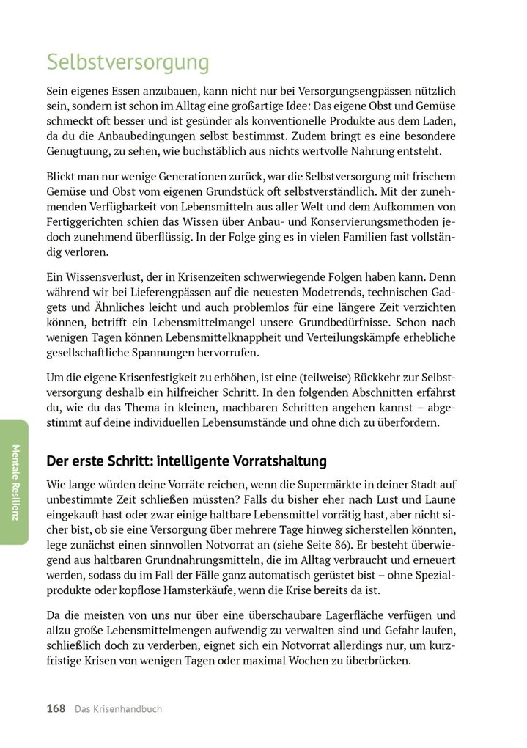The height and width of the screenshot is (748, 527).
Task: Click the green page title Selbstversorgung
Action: tap(128, 62)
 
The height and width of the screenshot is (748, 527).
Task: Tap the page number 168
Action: tap(56, 709)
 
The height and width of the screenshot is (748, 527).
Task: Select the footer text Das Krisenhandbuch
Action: tap(118, 709)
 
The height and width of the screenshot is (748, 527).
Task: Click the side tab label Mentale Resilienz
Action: tap(15, 483)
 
